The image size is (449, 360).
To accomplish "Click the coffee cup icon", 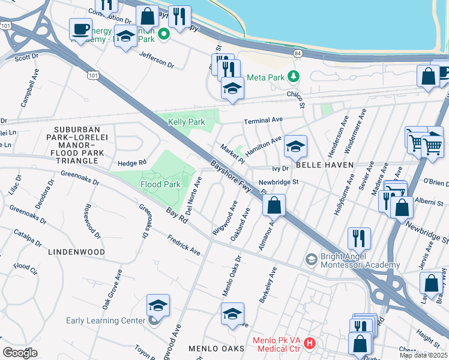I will point(80,28).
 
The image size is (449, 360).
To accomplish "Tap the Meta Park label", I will point(273,76).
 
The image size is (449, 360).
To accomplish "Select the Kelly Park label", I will point(187,122).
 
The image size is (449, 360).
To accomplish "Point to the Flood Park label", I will point(161,184).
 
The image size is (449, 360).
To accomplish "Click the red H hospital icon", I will point(310,343).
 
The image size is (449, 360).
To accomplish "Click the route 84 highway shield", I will point(298,53).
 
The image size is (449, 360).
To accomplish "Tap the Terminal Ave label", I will point(263,121).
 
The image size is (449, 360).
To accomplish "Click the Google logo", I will point(20,353).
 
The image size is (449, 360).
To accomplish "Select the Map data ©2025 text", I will point(423,355).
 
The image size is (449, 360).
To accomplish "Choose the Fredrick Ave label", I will point(184,244).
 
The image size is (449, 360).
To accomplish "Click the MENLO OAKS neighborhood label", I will point(216,349).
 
